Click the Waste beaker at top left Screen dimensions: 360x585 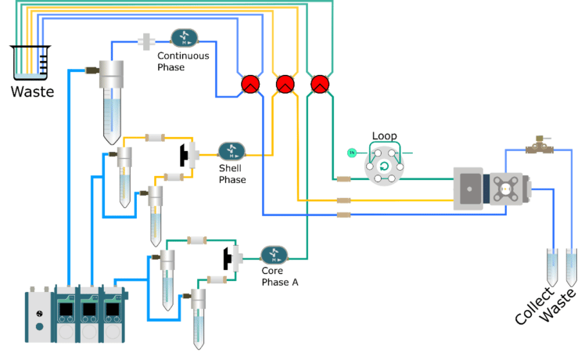pos(30,63)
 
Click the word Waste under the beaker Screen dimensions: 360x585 pos(32,92)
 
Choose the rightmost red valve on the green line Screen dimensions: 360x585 pos(319,84)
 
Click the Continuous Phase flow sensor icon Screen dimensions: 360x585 pos(185,38)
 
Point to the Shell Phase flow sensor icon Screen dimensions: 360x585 pos(231,151)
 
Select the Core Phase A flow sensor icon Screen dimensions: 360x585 pos(274,254)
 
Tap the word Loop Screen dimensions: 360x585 pos(384,136)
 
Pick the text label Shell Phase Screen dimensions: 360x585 pos(231,175)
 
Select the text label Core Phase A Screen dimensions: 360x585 pos(279,277)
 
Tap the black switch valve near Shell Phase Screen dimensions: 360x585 pos(188,154)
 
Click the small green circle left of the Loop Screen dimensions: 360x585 pos(352,152)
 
